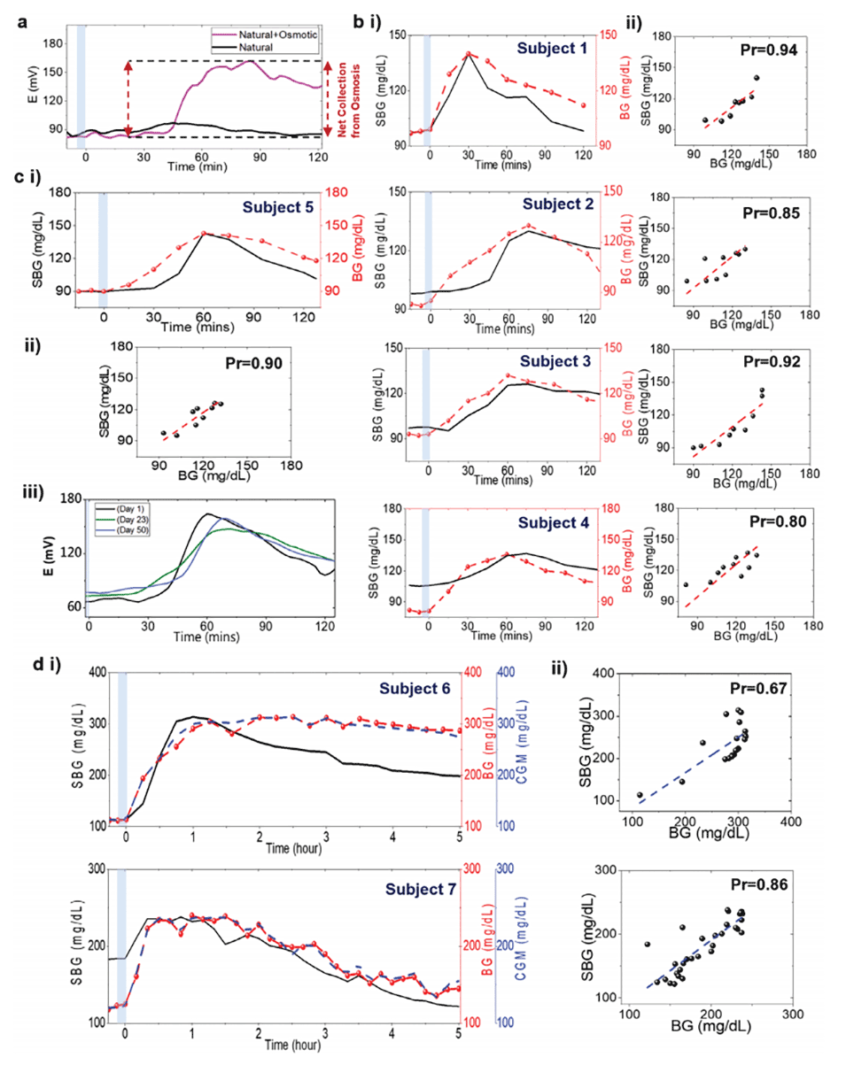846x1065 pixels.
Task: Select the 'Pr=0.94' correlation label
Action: pos(765,52)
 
